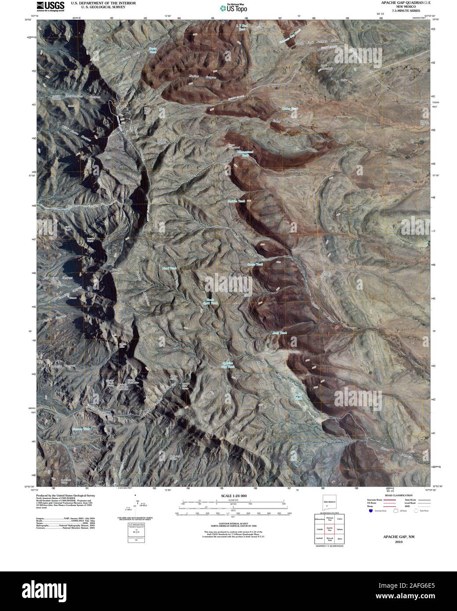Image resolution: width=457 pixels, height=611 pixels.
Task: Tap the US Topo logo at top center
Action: [228, 7]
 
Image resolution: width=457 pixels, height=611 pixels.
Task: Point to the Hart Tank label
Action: [169, 268]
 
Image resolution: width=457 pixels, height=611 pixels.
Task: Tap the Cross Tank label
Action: [255, 264]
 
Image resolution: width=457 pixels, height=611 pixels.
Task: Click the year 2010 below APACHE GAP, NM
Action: [399, 542]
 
